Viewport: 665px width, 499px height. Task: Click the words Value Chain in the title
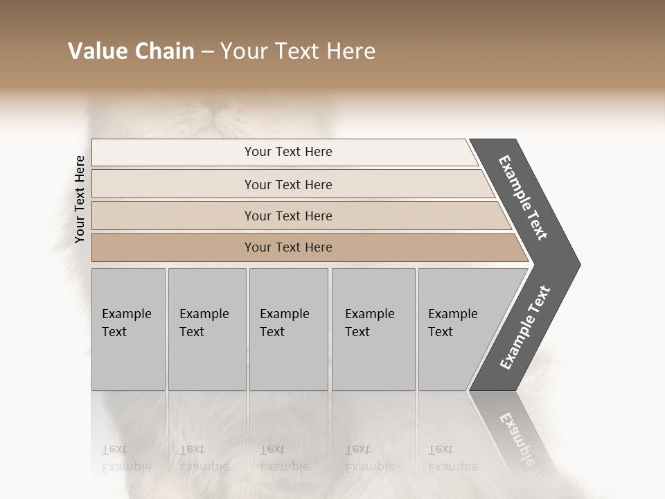click(x=131, y=51)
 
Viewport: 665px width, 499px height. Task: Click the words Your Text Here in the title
click(x=298, y=51)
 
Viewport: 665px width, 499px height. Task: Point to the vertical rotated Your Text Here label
click(x=80, y=199)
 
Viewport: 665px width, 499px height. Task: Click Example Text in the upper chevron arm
click(x=523, y=198)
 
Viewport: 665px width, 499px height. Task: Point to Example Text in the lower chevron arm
click(x=525, y=328)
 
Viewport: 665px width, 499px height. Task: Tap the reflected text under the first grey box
click(x=126, y=458)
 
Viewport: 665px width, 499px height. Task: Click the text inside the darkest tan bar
click(x=288, y=247)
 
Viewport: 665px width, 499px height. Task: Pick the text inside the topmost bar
click(x=288, y=152)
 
